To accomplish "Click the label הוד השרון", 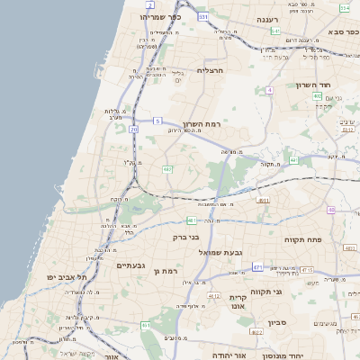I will [314, 85].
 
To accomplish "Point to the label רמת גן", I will [168, 270].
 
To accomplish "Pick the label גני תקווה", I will [290, 292].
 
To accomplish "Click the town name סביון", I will [277, 321].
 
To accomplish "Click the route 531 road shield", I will [203, 17].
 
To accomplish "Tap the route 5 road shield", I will [157, 121].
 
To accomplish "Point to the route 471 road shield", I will [257, 267].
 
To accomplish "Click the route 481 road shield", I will [192, 220].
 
